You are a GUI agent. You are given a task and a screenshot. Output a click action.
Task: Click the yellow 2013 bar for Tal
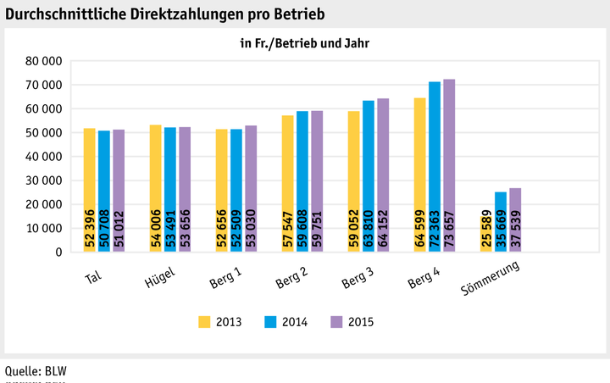pyautogui.click(x=90, y=190)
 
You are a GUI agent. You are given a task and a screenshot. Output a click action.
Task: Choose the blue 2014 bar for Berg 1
pyautogui.click(x=236, y=190)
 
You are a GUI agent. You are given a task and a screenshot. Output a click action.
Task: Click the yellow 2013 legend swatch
pyautogui.click(x=204, y=321)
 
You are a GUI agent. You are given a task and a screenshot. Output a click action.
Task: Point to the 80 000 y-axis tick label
pyautogui.click(x=44, y=61)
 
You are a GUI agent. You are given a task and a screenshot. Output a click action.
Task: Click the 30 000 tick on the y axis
pyautogui.click(x=44, y=180)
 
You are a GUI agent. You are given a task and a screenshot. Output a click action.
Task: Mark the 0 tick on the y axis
pyautogui.click(x=58, y=253)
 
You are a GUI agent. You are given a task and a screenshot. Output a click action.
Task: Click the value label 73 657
pyautogui.click(x=449, y=230)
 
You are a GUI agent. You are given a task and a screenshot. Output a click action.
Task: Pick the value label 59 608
pyautogui.click(x=302, y=230)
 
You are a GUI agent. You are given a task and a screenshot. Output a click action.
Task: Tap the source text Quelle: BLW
pyautogui.click(x=36, y=369)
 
